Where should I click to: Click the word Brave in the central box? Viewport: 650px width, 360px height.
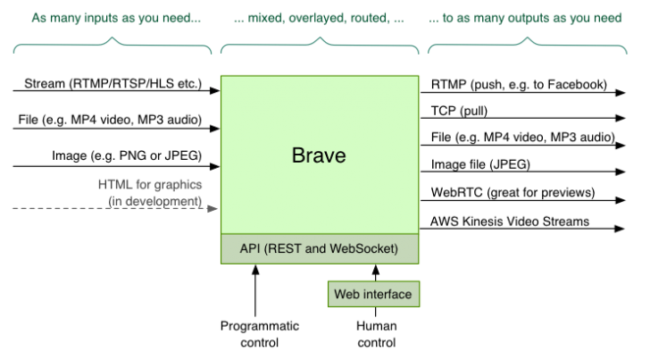319,156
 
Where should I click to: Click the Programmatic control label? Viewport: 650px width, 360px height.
260,334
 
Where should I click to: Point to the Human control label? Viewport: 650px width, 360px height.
376,334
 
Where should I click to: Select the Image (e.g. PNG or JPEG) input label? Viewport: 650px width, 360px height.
125,155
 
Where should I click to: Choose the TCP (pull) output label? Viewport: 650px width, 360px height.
459,112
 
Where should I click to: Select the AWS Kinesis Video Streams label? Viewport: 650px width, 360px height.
509,222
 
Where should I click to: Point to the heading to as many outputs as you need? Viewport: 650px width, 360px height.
525,17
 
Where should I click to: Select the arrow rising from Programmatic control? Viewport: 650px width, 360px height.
255,290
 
